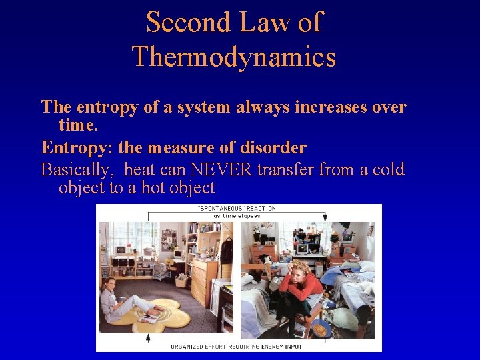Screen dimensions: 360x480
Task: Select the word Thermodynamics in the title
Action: pyautogui.click(x=234, y=57)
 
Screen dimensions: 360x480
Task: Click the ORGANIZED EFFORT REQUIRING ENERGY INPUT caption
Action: pyautogui.click(x=237, y=346)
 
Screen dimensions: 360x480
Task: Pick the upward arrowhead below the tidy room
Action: pyautogui.click(x=148, y=337)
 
